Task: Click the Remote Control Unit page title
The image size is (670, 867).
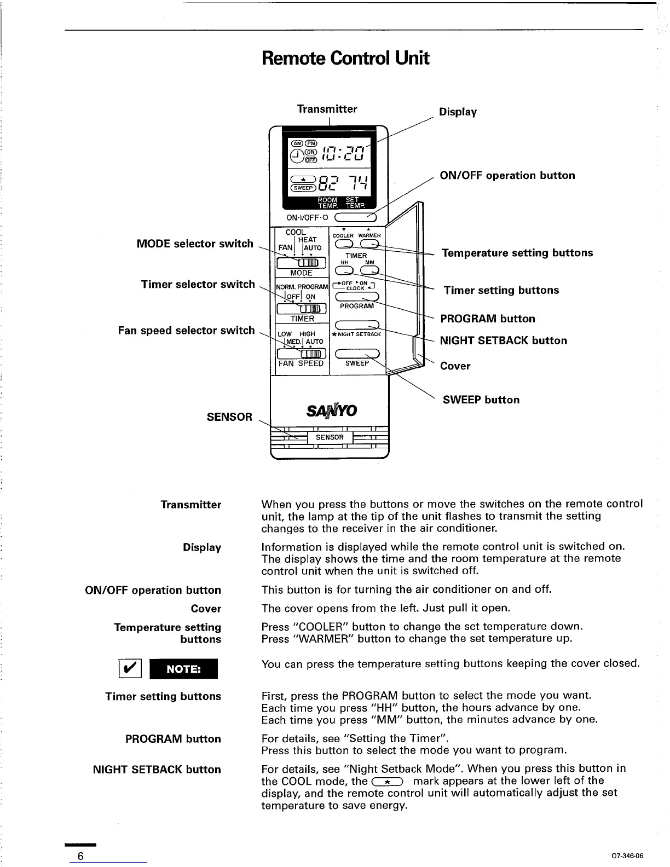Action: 345,58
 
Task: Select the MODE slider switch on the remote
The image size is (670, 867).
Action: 302,263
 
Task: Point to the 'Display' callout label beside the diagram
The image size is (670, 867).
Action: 458,112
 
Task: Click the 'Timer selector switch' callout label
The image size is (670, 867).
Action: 198,285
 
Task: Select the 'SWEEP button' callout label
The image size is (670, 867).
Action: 481,400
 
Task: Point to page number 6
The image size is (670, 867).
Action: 80,857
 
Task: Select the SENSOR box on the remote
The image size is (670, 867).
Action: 330,437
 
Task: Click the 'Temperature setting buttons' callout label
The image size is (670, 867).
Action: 517,253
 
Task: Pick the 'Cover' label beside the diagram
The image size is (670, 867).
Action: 455,366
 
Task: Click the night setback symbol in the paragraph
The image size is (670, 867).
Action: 387,782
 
